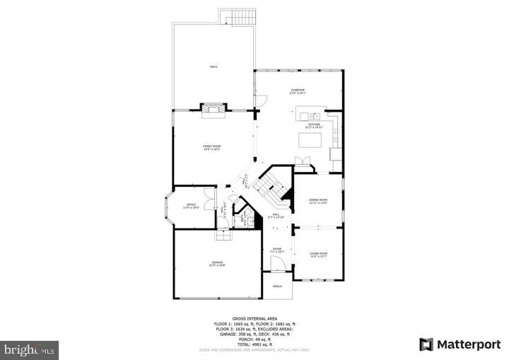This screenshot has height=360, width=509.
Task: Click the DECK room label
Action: tap(213, 66)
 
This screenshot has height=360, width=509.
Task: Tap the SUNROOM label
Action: tap(298, 91)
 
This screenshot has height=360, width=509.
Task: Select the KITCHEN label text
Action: tap(313, 124)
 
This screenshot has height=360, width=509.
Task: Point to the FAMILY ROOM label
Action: tap(212, 146)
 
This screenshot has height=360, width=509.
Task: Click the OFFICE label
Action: tap(191, 206)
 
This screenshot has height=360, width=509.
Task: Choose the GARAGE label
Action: tap(216, 263)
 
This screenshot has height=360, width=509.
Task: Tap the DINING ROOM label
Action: tap(318, 200)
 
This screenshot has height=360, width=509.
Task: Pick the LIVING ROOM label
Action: tap(319, 253)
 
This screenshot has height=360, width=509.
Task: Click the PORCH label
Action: tap(277, 286)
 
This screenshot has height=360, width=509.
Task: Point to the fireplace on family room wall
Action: tap(214, 108)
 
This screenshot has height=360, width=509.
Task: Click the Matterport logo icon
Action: tap(426, 344)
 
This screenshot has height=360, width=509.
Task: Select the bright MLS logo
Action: tap(30, 349)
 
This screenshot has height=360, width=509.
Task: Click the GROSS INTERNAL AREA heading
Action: tap(255, 319)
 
